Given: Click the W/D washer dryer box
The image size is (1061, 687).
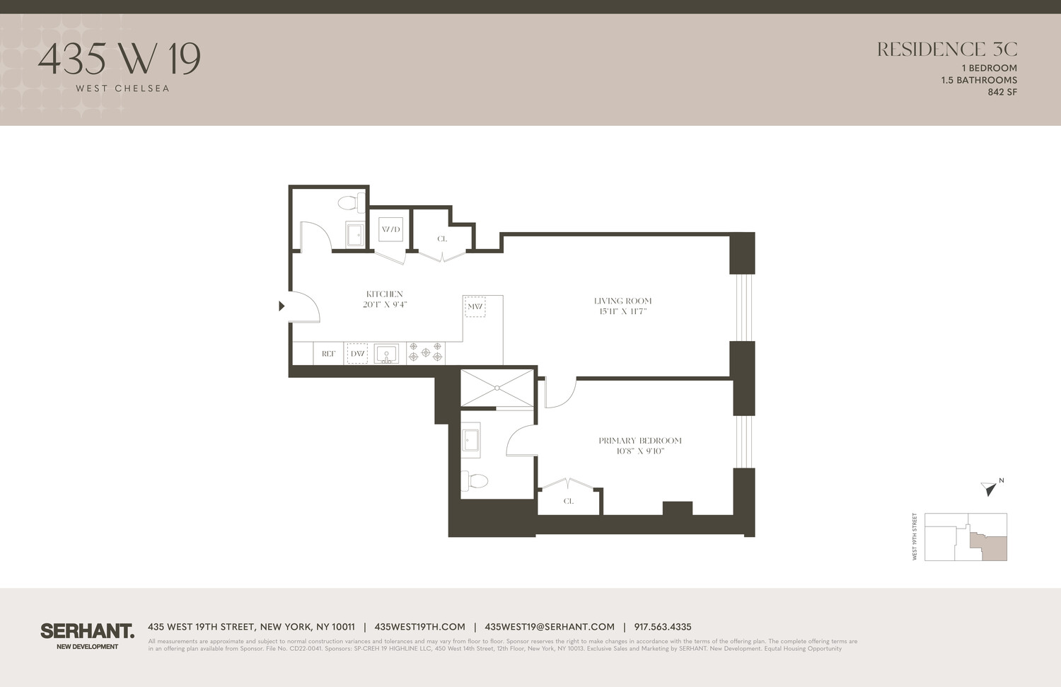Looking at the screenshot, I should tap(390, 229).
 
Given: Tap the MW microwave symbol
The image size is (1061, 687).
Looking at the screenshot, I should tap(475, 306).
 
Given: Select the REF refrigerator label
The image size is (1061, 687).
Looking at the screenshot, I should tap(328, 354).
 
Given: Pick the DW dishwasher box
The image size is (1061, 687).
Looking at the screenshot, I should tap(357, 354).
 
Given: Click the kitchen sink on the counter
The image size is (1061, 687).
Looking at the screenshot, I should tap(386, 353).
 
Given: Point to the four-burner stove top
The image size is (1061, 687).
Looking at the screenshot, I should tap(426, 352).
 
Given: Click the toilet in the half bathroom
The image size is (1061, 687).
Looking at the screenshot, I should tap(350, 203).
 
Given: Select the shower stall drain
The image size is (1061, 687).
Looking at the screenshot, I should tap(497, 388).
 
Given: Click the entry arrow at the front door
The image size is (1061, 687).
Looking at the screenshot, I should tap(282, 306).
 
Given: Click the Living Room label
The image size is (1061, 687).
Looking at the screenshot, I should tap(622, 301).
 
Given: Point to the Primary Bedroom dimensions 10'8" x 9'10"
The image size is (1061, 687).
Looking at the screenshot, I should tap(640, 451).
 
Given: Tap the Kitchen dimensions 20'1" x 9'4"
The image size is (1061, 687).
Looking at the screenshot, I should tap(385, 305).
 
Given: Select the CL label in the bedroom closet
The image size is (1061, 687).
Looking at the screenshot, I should tap(569, 501).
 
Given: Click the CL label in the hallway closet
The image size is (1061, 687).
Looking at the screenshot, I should tap(442, 239).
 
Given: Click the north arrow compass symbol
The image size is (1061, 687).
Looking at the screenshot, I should tap(990, 487).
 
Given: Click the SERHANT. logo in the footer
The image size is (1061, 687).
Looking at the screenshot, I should tap(87, 631).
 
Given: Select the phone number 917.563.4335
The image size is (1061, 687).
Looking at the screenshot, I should tap(663, 627).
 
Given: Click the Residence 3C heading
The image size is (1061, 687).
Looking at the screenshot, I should tap(946, 50).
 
